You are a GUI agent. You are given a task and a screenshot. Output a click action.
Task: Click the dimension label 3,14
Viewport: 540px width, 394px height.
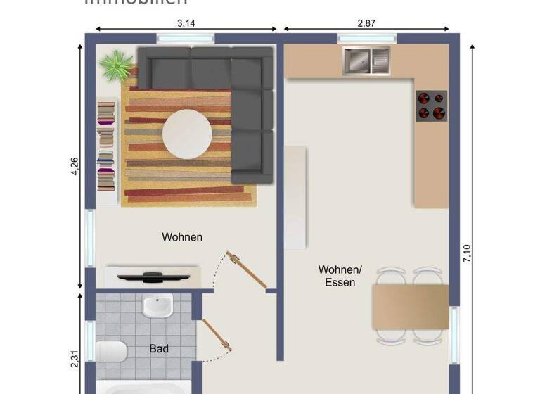click(x=186, y=23)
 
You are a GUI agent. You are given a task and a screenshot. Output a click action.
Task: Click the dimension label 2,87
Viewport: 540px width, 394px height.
click(x=366, y=23)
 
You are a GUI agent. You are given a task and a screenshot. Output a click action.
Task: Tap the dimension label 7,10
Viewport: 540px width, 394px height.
click(x=467, y=252)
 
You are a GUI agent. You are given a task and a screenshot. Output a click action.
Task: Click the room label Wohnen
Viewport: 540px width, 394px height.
click(x=182, y=237)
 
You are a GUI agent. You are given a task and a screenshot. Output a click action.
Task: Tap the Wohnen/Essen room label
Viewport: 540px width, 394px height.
click(x=340, y=276)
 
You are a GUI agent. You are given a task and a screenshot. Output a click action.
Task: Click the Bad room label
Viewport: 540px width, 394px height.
click(x=159, y=348)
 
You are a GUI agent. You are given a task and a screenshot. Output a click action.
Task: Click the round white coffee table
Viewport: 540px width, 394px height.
click(x=187, y=134)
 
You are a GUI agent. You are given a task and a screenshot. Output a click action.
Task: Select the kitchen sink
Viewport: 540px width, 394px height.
click(x=366, y=61)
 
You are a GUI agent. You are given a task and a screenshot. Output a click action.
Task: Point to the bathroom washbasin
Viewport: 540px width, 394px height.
click(x=157, y=307)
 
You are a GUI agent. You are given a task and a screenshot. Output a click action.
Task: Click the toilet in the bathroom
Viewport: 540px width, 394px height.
click(x=110, y=350)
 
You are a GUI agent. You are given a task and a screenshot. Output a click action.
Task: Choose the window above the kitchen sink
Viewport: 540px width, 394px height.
click(x=366, y=38)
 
